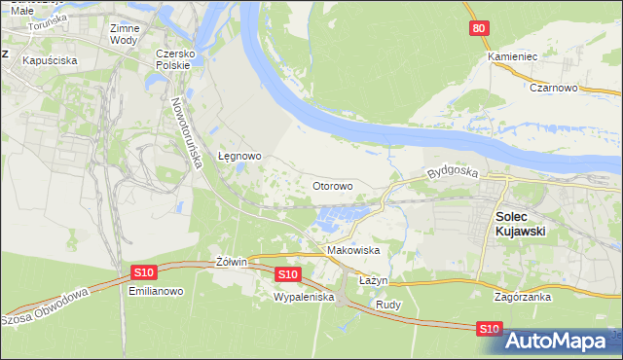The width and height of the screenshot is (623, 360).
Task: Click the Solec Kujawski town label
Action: [x=520, y=223]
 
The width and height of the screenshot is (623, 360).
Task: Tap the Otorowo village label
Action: [x=332, y=185]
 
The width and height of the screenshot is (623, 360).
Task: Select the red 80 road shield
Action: [x=477, y=29]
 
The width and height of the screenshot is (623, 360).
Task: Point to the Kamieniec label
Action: [x=512, y=56]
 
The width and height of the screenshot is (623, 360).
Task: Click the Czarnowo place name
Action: [x=555, y=87]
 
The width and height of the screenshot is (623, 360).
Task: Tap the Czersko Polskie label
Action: [x=176, y=59]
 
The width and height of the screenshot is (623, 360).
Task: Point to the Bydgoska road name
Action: [x=453, y=173]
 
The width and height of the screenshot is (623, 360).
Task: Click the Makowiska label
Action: [x=353, y=250]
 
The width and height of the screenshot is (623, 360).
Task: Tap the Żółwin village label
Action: [x=231, y=262]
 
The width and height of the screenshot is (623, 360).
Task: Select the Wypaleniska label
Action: [x=304, y=296]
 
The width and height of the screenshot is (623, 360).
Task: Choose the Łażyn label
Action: [x=373, y=279]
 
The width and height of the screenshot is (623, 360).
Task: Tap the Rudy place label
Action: [x=388, y=303]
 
